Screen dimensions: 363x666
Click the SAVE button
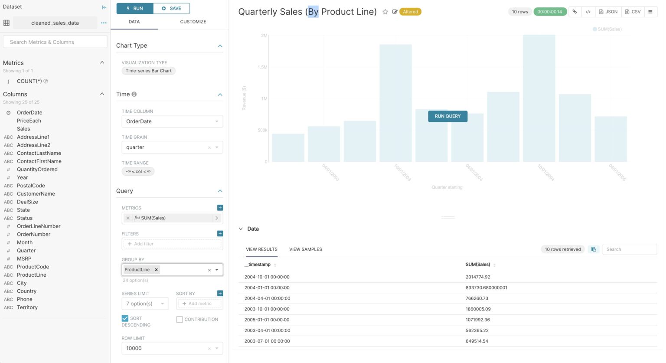coord(171,8)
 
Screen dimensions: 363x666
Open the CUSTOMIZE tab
coord(193,22)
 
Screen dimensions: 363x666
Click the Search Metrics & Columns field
coord(55,42)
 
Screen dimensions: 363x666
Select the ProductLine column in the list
coord(31,275)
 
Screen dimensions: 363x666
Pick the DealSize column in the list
coord(27,202)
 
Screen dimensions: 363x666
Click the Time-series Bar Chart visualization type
coord(148,71)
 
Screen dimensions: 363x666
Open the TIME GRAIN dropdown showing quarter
coord(172,147)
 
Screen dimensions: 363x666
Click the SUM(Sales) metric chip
coord(153,218)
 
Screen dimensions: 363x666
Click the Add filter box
coord(172,244)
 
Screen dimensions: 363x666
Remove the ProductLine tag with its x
coord(156,270)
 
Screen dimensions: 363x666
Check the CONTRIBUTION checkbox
coord(180,320)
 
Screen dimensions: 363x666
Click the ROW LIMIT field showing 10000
coord(165,348)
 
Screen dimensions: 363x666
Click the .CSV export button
coord(633,12)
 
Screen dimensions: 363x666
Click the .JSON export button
coord(608,12)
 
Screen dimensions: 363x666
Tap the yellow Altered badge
coord(410,12)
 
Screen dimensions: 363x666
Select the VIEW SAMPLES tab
coord(305,249)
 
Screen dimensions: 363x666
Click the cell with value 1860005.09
coord(478,309)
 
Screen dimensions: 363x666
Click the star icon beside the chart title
coord(385,12)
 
